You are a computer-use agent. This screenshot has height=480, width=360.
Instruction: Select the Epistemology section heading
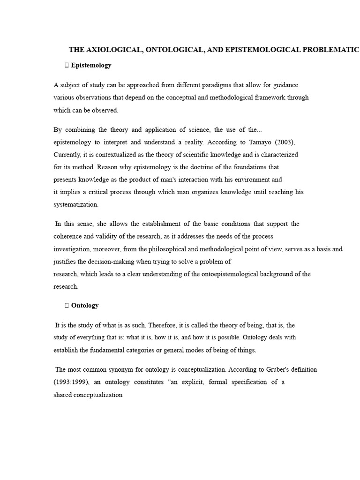(91, 65)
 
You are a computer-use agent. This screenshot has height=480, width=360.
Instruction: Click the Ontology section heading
(85, 305)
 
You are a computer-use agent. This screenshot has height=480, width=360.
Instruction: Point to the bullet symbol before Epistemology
(67, 65)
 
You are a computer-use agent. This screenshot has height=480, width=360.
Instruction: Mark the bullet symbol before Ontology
(67, 305)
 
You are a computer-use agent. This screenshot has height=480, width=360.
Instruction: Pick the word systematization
(75, 204)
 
